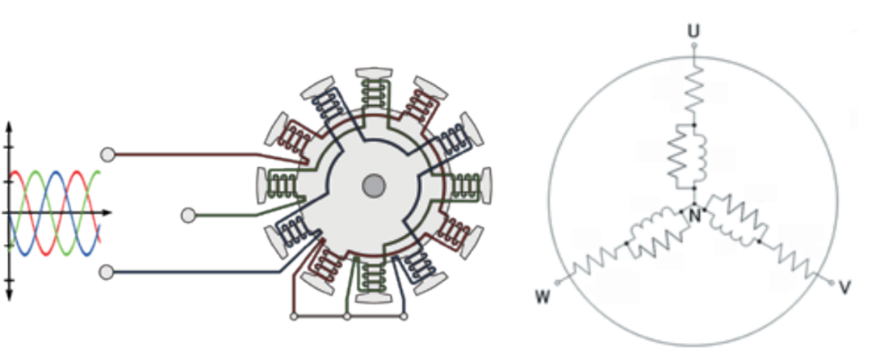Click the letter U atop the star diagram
694,31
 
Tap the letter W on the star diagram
543,297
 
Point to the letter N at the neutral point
694,216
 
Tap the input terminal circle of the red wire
108,154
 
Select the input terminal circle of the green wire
188,215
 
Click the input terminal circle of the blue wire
107,272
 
